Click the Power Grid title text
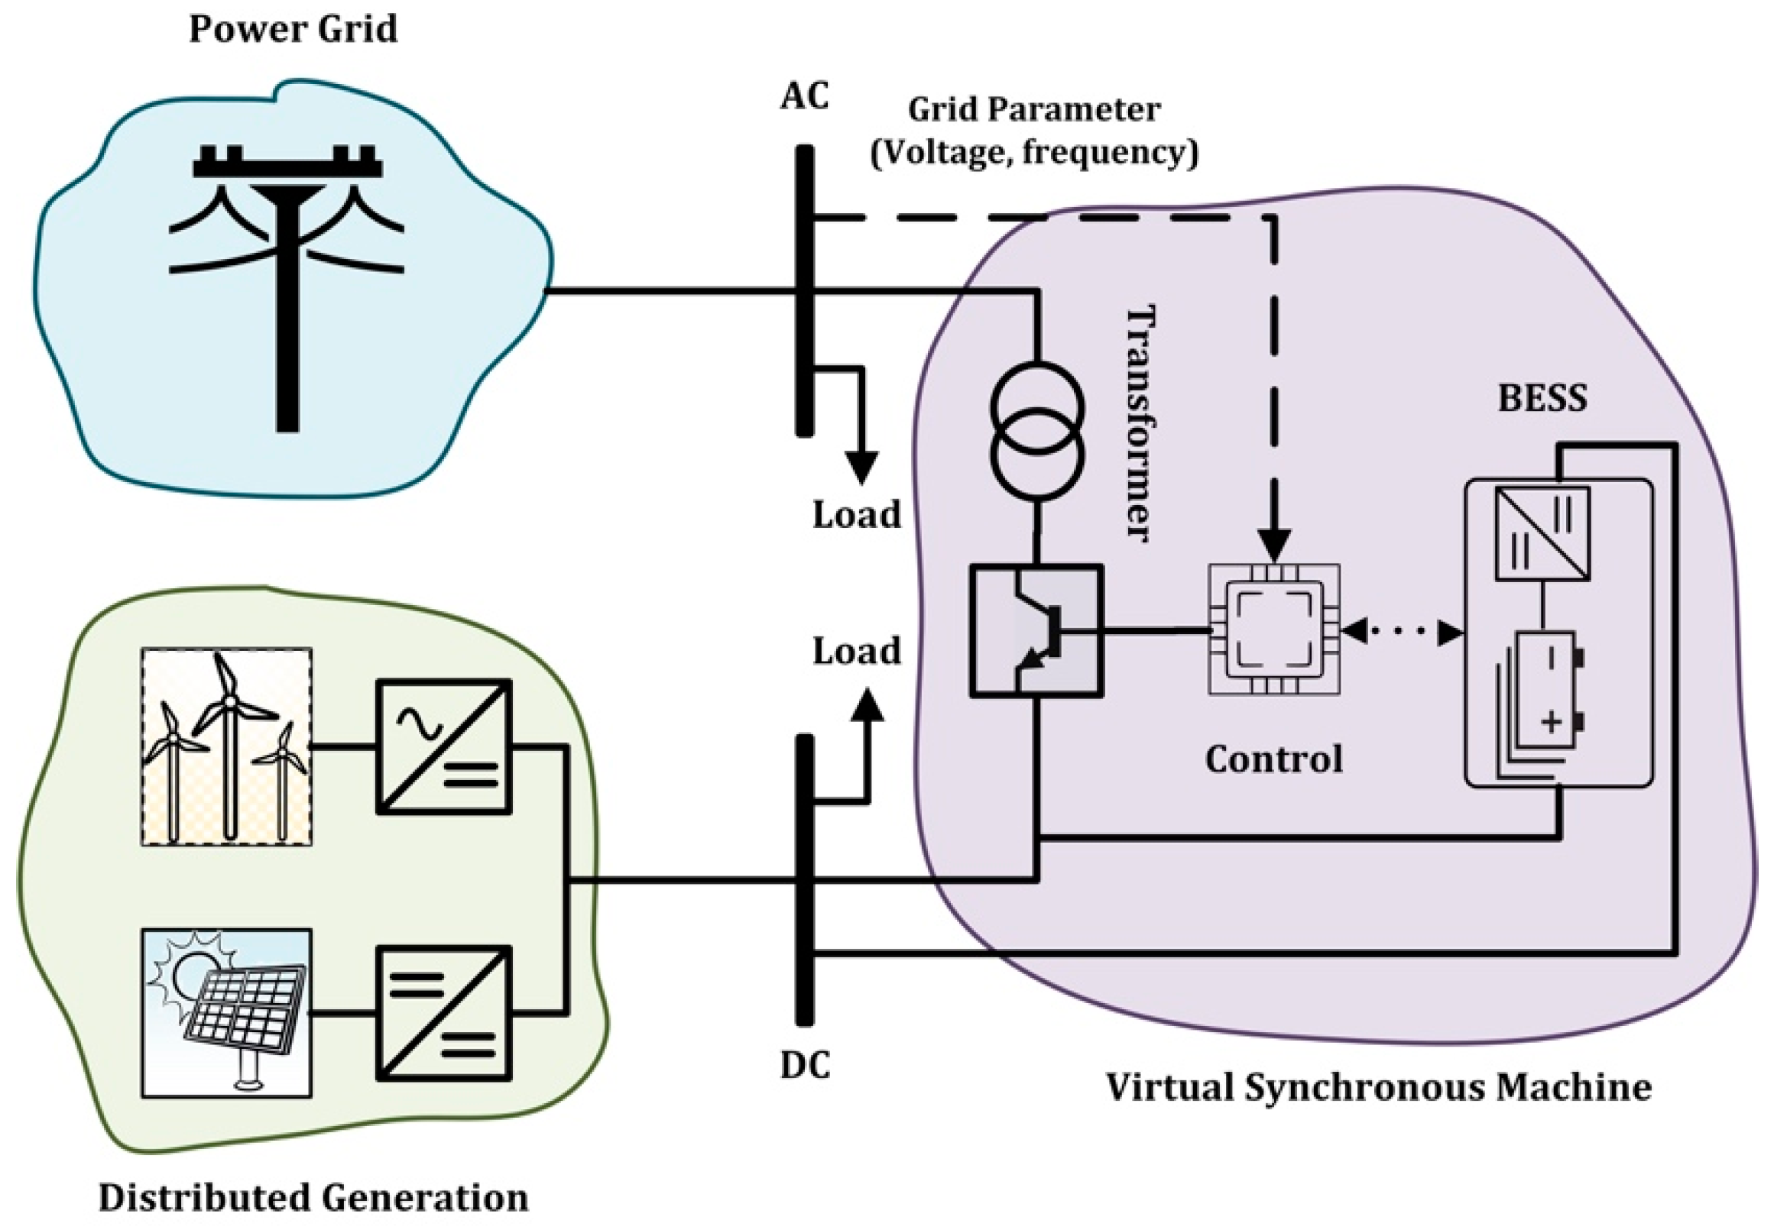point(293,29)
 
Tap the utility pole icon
point(287,286)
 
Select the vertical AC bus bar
point(804,291)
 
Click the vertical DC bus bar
point(804,880)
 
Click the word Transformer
point(1142,423)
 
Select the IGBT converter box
point(1036,631)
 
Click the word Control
point(1273,759)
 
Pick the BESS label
point(1542,399)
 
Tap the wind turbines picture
point(227,746)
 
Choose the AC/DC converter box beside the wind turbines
point(443,746)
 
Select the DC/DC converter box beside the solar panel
point(443,1013)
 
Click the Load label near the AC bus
point(857,514)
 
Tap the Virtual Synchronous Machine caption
point(1379,1087)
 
